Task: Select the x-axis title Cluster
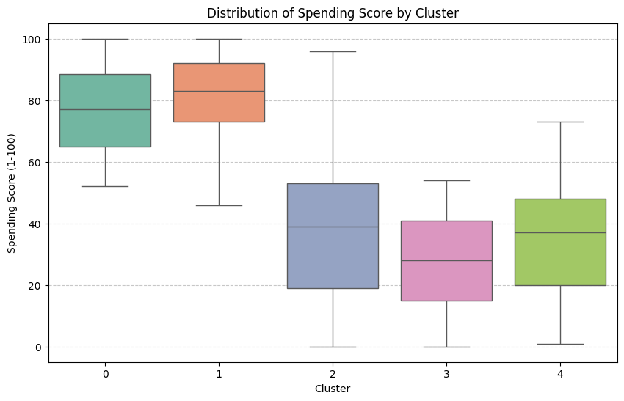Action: coord(333,388)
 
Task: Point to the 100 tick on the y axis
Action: coord(35,39)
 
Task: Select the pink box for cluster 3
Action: coord(446,279)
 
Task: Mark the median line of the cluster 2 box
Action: coord(333,227)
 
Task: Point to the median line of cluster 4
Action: coord(560,232)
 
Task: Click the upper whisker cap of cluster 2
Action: coord(333,51)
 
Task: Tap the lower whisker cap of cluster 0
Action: coord(106,186)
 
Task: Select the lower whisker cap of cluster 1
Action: coord(219,205)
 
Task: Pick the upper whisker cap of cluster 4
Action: coord(560,122)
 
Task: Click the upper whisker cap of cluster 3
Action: coord(446,180)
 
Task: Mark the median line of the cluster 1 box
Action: coord(219,91)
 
